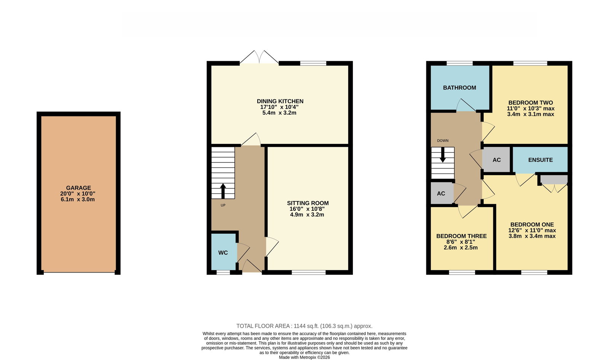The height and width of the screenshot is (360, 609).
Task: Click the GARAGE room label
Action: pyautogui.click(x=78, y=188)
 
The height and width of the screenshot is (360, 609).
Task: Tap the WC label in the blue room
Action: pyautogui.click(x=223, y=253)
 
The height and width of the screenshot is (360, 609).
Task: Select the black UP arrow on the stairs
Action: pyautogui.click(x=223, y=191)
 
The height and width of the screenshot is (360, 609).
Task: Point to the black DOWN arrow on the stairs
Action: pyautogui.click(x=443, y=155)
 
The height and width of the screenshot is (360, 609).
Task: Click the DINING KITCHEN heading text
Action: pyautogui.click(x=280, y=102)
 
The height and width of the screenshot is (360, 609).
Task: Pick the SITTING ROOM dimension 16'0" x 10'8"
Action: pyautogui.click(x=307, y=209)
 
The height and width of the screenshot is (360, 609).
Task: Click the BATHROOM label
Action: pyautogui.click(x=459, y=88)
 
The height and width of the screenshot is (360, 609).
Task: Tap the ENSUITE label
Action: pyautogui.click(x=540, y=160)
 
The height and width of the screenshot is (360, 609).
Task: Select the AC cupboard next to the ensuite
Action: pyautogui.click(x=496, y=160)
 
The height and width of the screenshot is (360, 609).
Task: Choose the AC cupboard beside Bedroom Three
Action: pyautogui.click(x=442, y=193)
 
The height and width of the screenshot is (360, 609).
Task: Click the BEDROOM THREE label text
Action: pyautogui.click(x=461, y=236)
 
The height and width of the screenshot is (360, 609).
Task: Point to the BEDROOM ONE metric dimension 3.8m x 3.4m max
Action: pyautogui.click(x=532, y=236)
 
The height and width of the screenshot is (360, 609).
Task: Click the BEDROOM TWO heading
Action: pyautogui.click(x=531, y=103)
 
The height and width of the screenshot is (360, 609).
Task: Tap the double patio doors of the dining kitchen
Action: pyautogui.click(x=259, y=57)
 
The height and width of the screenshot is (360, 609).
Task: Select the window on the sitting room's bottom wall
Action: pyautogui.click(x=309, y=272)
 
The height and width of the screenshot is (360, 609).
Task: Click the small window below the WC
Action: pyautogui.click(x=223, y=272)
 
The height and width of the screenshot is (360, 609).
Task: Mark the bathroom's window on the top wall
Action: pyautogui.click(x=459, y=63)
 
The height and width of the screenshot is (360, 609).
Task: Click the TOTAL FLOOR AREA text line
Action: pyautogui.click(x=304, y=326)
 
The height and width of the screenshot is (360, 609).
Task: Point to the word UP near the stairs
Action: pyautogui.click(x=223, y=205)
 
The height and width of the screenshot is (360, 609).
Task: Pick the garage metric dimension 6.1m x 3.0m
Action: pyautogui.click(x=78, y=199)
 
